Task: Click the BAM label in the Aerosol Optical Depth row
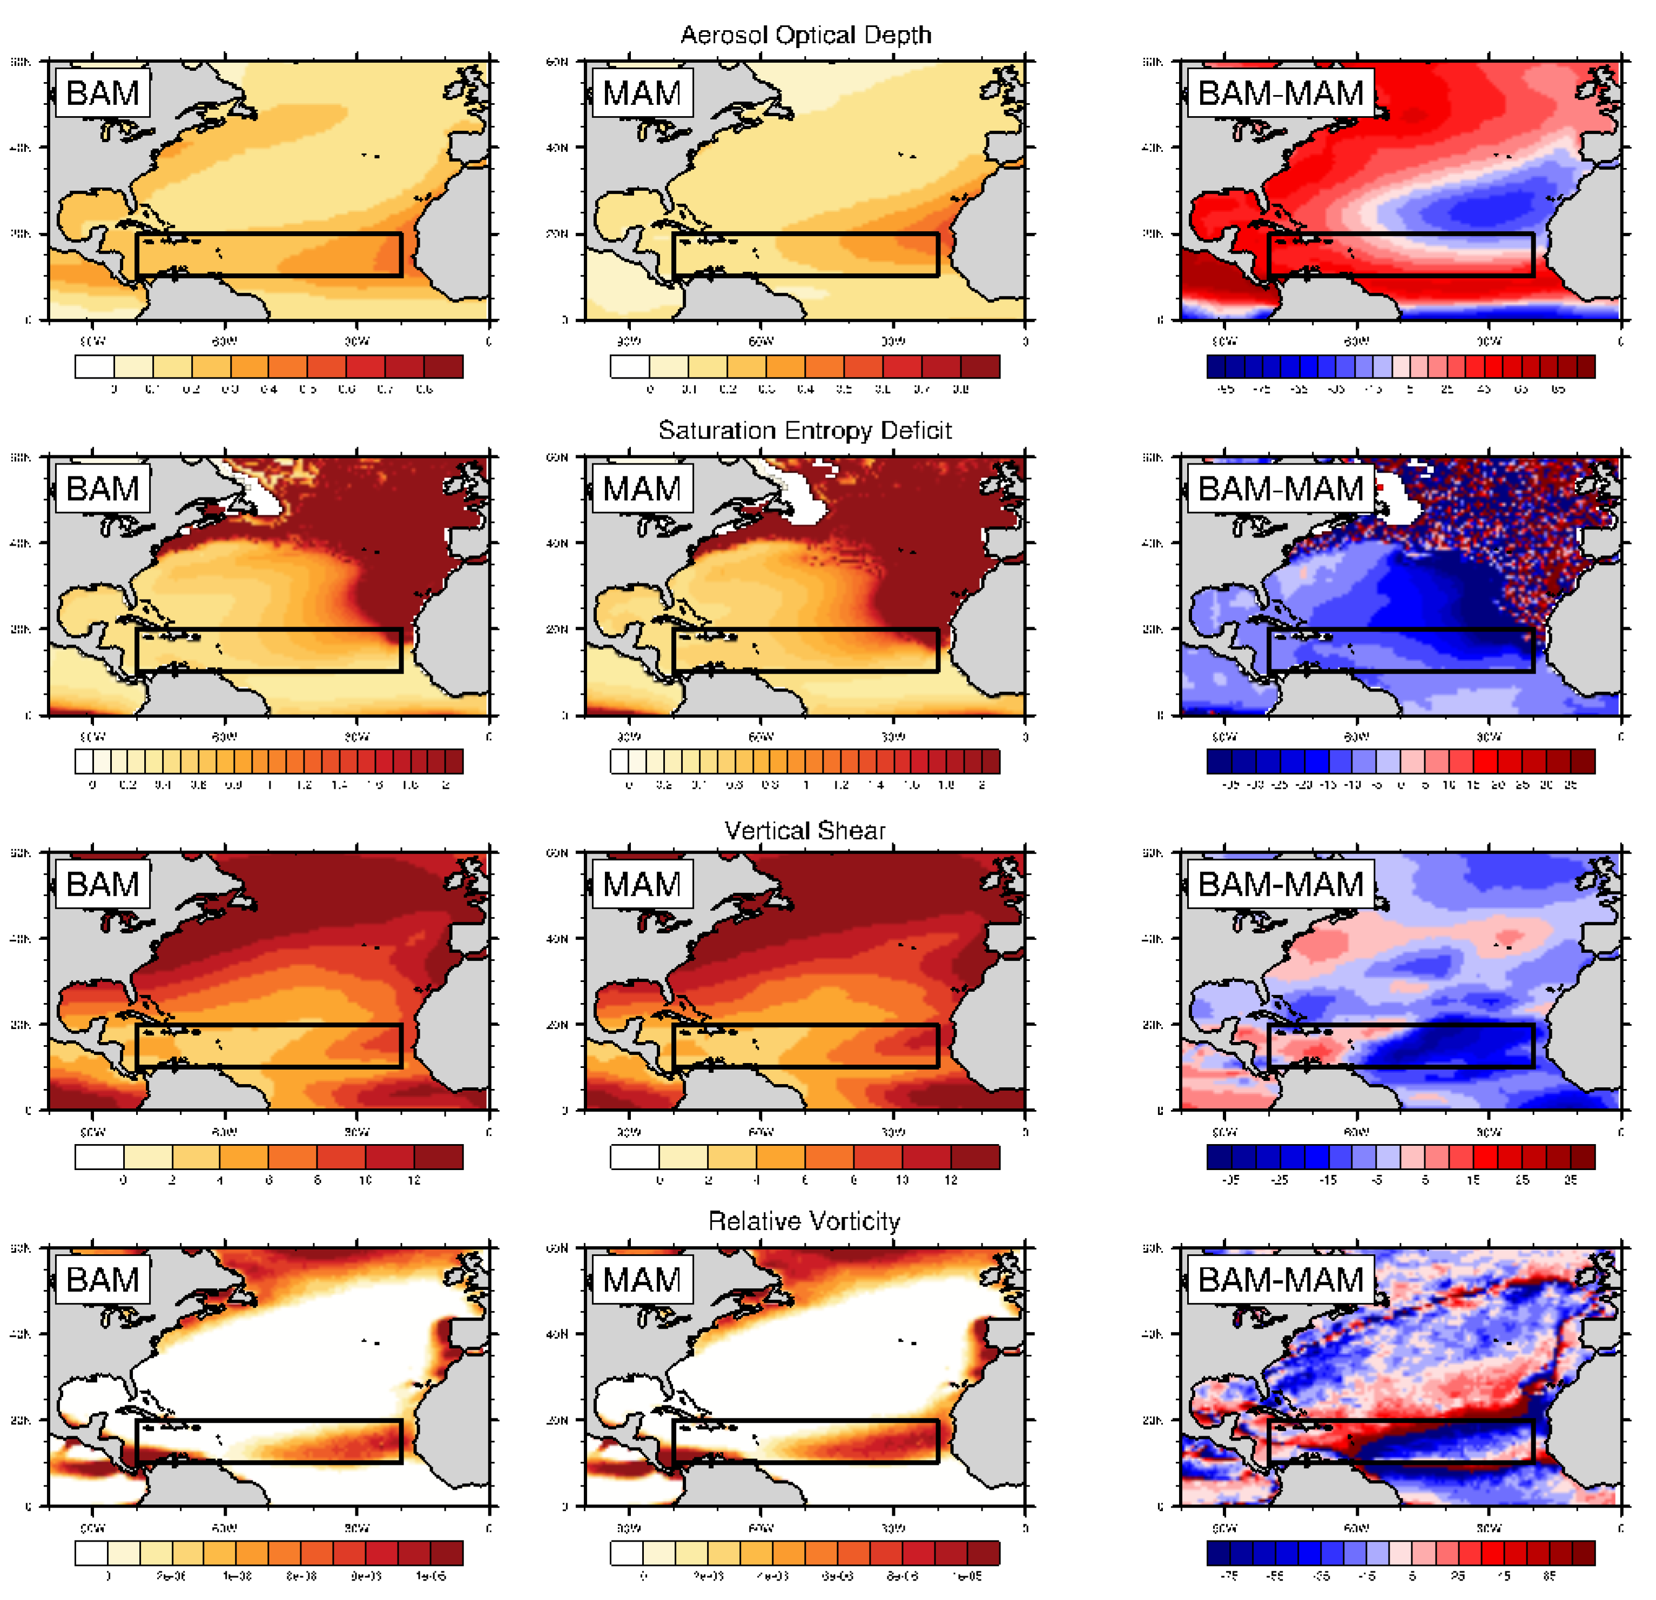click(x=102, y=93)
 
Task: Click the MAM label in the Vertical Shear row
click(x=642, y=884)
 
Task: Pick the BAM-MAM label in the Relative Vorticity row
click(x=1280, y=1279)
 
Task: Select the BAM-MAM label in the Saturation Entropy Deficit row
click(x=1280, y=488)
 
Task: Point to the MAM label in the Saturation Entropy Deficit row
click(x=642, y=488)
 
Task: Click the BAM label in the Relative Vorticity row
click(x=102, y=1279)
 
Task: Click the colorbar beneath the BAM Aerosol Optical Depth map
click(x=268, y=366)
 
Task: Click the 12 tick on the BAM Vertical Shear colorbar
click(x=414, y=1180)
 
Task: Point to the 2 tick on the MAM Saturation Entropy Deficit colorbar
click(x=982, y=785)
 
